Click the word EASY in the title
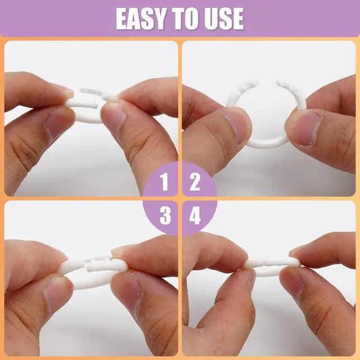141,19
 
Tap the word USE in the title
224,19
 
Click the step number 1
164,182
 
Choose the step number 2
195,182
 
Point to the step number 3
165,215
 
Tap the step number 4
195,215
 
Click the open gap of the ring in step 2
267,83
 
